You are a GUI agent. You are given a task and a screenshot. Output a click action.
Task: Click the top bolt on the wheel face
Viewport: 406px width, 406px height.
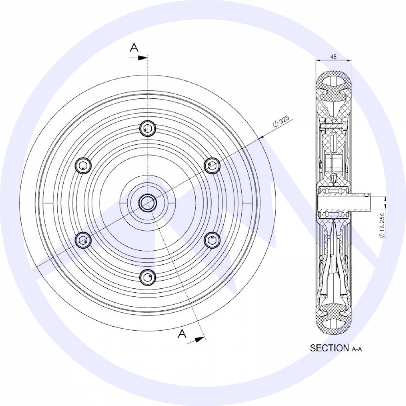[148, 128]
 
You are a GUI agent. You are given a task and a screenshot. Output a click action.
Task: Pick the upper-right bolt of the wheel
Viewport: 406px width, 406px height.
[212, 165]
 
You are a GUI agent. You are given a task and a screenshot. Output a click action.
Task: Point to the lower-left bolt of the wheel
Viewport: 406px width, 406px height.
[83, 240]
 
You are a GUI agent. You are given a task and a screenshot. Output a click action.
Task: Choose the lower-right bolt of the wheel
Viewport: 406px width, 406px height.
[212, 240]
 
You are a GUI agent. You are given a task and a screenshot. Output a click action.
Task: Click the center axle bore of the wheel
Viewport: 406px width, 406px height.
[148, 203]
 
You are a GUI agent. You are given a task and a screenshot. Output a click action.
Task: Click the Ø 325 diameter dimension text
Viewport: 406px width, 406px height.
[281, 120]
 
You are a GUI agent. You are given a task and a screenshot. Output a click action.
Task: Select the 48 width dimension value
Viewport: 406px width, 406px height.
[334, 57]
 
